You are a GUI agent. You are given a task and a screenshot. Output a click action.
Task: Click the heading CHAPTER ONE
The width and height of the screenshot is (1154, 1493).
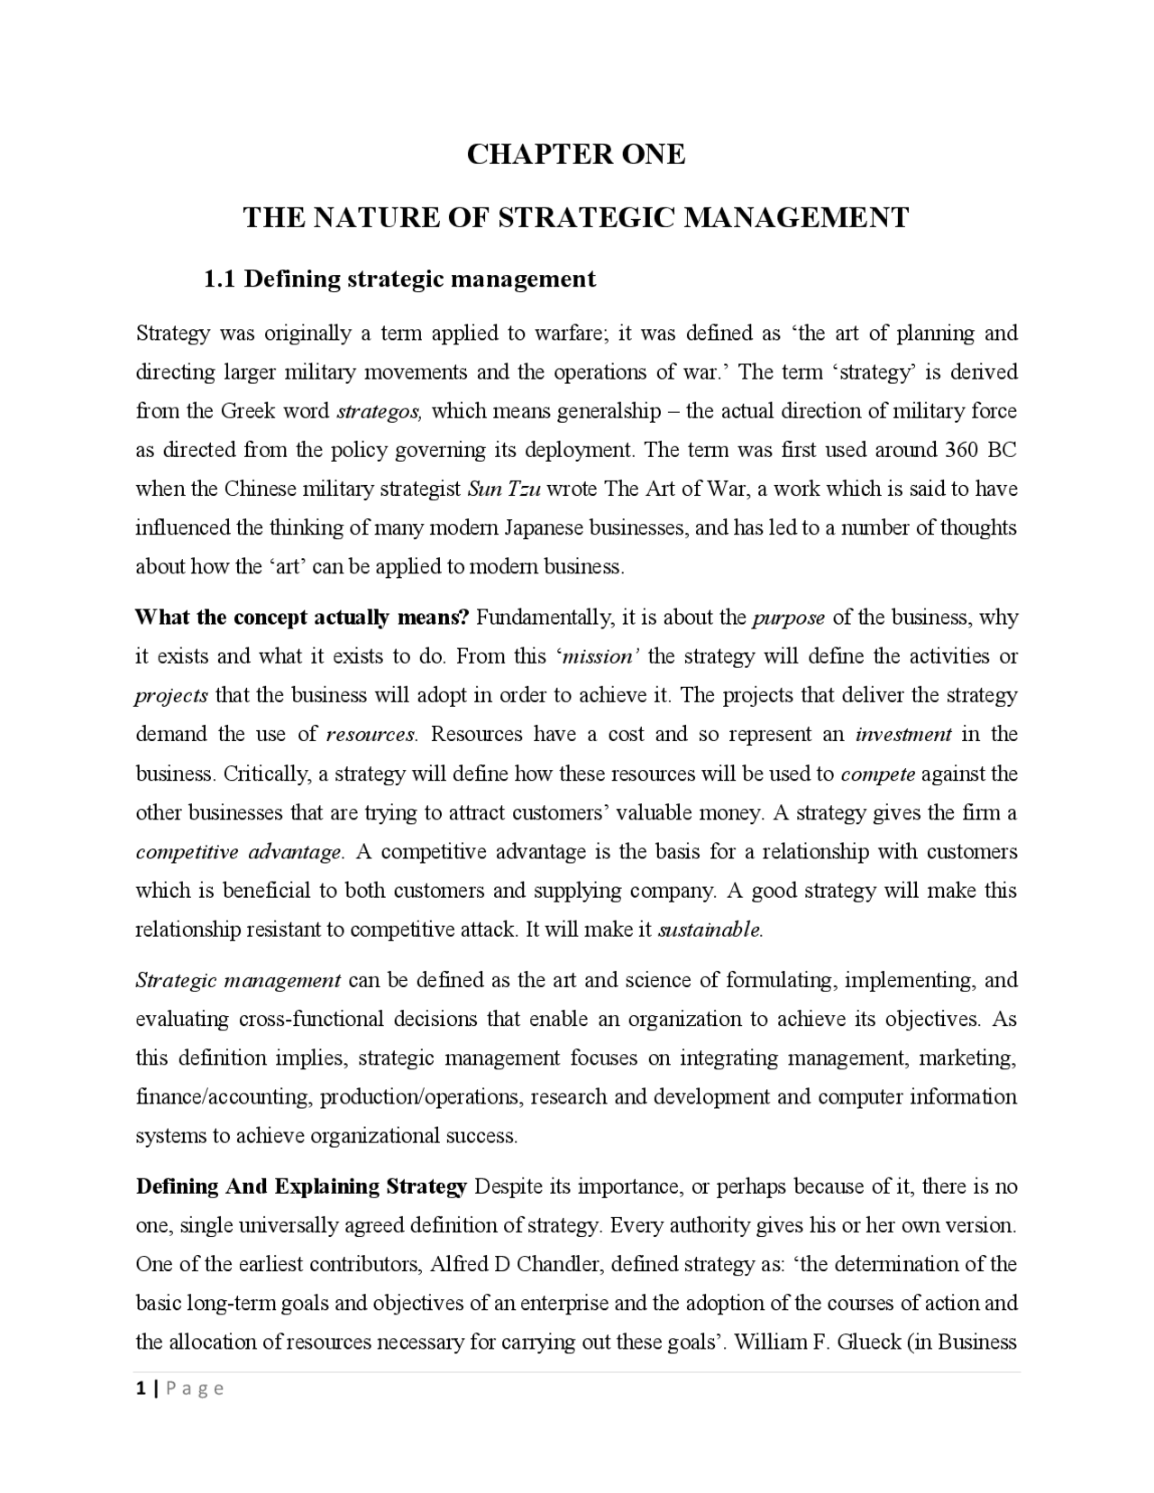[575, 154]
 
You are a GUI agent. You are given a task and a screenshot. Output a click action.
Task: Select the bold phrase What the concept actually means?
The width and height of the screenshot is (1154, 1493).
[302, 618]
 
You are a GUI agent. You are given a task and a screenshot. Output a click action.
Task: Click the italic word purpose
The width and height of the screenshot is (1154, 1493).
[788, 618]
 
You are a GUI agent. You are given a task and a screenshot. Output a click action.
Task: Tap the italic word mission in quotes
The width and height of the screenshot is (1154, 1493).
[596, 657]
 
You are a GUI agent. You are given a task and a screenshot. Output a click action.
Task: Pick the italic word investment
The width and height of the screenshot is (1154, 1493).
[902, 735]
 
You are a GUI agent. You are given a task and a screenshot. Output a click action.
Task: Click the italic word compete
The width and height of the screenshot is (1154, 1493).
[877, 774]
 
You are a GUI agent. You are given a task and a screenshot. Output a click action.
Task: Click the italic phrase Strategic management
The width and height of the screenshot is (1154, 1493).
[238, 981]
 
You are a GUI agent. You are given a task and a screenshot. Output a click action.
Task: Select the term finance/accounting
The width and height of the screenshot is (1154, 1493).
[222, 1097]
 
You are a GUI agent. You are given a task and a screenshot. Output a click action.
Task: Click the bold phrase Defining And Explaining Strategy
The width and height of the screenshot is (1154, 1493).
[301, 1186]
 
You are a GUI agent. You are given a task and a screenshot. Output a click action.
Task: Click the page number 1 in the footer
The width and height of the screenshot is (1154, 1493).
[141, 1388]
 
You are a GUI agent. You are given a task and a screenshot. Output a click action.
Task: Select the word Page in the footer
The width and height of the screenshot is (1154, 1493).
[195, 1389]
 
